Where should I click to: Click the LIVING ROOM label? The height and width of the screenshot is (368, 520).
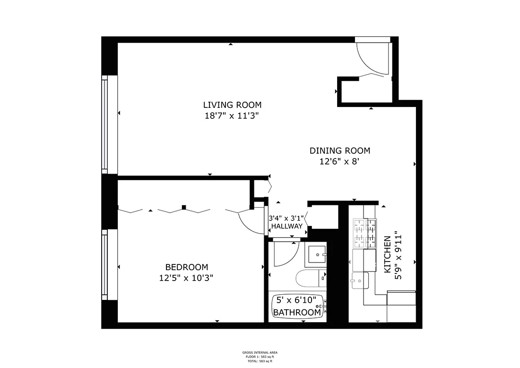[x=232, y=105]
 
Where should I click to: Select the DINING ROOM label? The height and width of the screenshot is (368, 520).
[x=339, y=151]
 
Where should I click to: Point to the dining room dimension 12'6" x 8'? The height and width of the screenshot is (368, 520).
[x=339, y=162]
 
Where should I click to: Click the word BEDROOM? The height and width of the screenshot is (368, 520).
[x=186, y=267]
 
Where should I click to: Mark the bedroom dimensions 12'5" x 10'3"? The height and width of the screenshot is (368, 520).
[x=186, y=278]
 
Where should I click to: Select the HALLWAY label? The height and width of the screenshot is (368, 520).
[x=286, y=227]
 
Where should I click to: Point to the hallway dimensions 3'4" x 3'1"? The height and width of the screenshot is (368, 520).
[x=286, y=219]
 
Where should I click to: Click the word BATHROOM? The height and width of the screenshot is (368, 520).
[x=297, y=313]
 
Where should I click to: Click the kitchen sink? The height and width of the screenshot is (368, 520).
[x=360, y=280]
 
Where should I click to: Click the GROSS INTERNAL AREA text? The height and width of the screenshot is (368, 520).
[x=260, y=352]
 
